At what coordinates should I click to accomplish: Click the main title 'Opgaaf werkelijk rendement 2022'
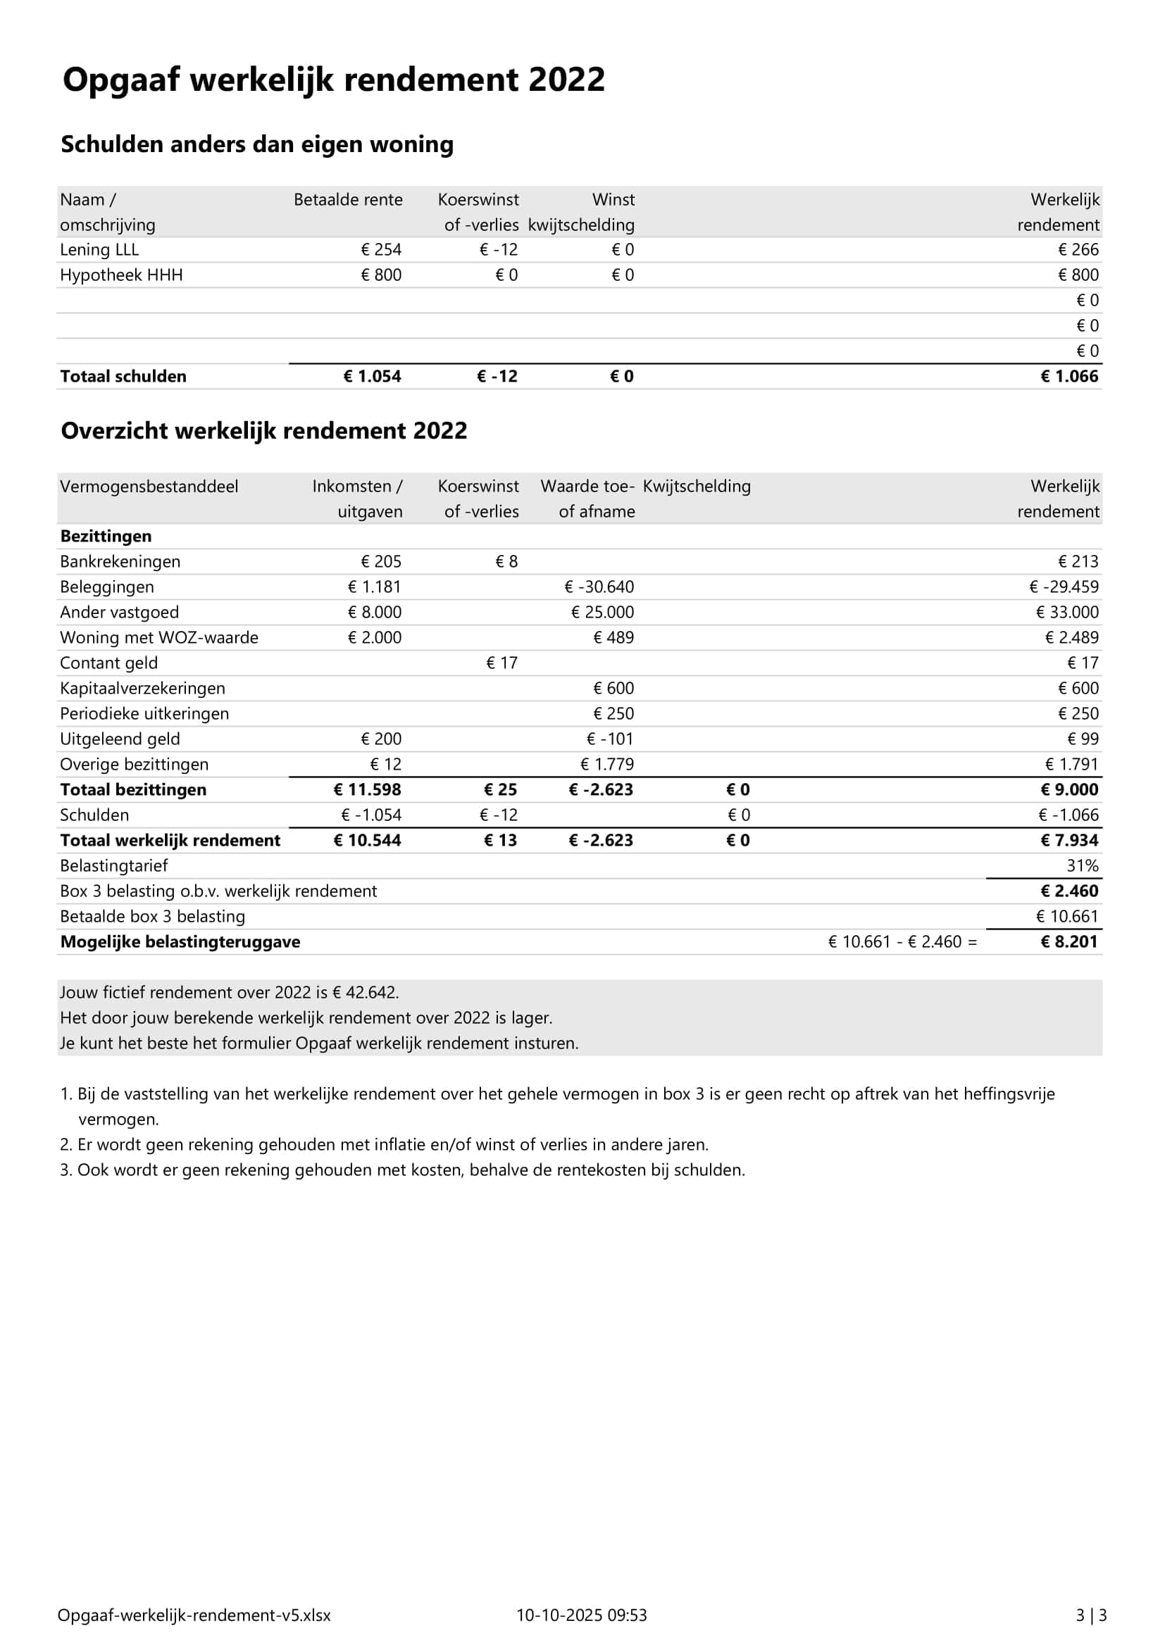[x=334, y=79]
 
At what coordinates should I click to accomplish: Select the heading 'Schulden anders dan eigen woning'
[x=257, y=144]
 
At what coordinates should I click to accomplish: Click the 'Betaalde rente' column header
[x=348, y=199]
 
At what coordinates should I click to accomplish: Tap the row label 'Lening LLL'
[x=99, y=250]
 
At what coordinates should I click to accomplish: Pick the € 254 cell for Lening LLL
[x=381, y=250]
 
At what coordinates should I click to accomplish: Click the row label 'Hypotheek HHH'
[x=121, y=275]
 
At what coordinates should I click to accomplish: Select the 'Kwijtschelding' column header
[x=697, y=487]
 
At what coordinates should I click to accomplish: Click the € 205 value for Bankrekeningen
[x=381, y=562]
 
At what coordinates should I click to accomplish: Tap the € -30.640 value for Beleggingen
[x=599, y=587]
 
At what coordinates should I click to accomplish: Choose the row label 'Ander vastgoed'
[x=119, y=612]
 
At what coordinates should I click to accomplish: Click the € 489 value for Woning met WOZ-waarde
[x=613, y=638]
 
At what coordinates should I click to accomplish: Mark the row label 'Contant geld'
[x=108, y=663]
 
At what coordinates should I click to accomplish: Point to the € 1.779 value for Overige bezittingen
[x=607, y=764]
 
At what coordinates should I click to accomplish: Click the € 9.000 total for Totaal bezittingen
[x=1069, y=790]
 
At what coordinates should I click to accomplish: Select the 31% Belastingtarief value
[x=1082, y=866]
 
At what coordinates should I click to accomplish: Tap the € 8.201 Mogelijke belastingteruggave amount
[x=1069, y=942]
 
